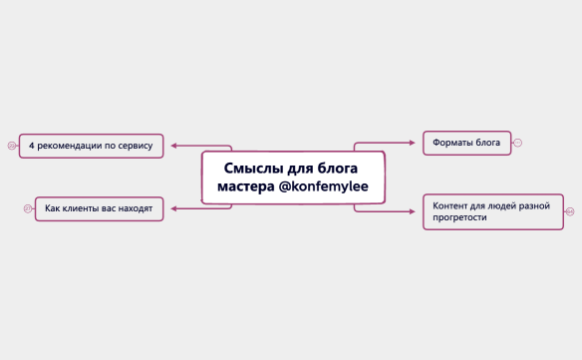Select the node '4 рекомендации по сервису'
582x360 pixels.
[x=91, y=146]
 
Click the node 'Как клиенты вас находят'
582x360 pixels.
[x=99, y=208]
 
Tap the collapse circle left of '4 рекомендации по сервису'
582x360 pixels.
[x=12, y=146]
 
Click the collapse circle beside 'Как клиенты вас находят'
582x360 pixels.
[x=28, y=208]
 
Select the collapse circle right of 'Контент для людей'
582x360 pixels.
[x=570, y=210]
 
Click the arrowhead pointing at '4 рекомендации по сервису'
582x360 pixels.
[x=173, y=146]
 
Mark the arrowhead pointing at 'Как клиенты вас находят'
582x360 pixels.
[x=173, y=208]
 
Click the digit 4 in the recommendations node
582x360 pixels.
[x=32, y=146]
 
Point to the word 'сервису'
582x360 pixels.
[x=135, y=146]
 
